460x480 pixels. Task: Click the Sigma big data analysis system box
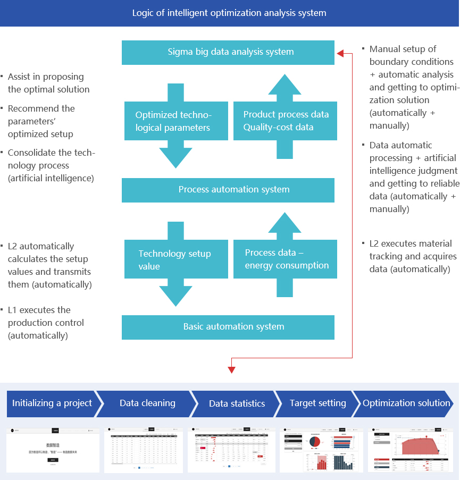[228, 52]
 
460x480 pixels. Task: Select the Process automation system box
[228, 190]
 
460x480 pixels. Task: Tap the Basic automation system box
[228, 327]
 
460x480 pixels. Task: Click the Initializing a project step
[52, 403]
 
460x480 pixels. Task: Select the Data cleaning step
[147, 403]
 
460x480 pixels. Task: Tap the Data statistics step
[237, 403]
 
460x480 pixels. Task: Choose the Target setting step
[317, 403]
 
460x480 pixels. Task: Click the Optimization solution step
[406, 403]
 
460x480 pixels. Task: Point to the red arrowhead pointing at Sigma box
[340, 53]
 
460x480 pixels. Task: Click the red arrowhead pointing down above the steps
[231, 370]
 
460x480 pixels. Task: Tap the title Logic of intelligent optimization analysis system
[229, 13]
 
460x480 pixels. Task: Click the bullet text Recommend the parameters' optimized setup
[41, 121]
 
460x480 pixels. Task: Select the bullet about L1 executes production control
[46, 323]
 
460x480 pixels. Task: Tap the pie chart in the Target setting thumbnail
[315, 441]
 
